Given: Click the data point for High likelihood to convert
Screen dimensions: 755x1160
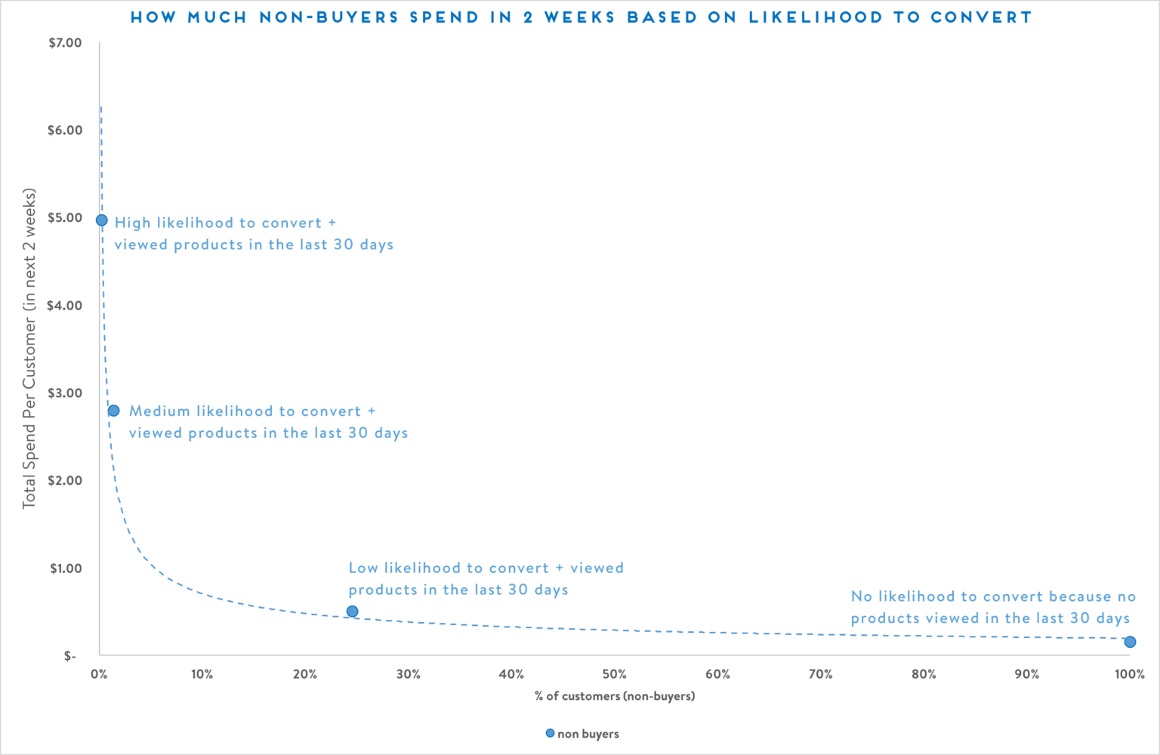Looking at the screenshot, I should point(102,220).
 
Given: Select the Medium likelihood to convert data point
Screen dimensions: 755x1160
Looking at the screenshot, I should point(113,411).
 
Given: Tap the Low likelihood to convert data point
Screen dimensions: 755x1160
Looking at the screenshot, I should point(352,612).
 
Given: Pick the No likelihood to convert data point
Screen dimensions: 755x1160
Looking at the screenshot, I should point(1130,642).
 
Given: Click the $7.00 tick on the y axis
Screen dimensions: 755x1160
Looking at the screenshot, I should point(65,43).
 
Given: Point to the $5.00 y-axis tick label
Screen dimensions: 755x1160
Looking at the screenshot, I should point(65,218).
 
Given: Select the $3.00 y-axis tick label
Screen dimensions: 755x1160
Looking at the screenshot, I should point(65,393).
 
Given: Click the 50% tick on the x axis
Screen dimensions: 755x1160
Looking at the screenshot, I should point(614,674).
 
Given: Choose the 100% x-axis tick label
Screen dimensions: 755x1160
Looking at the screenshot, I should point(1129,674).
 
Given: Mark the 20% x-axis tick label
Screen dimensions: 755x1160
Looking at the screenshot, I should point(304,674).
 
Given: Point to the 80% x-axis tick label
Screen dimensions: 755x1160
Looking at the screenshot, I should point(923,674).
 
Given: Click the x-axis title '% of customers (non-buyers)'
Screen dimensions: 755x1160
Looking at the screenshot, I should point(615,696).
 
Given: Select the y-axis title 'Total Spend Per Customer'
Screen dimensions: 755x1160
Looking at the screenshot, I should point(29,348).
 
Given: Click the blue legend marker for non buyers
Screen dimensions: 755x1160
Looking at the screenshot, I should point(550,733).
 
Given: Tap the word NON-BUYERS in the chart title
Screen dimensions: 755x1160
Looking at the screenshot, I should point(329,17).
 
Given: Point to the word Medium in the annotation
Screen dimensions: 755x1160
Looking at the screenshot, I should point(159,411).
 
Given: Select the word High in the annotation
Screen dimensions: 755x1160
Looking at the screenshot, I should point(132,223).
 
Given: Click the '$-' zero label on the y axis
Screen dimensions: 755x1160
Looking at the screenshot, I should point(69,656).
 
